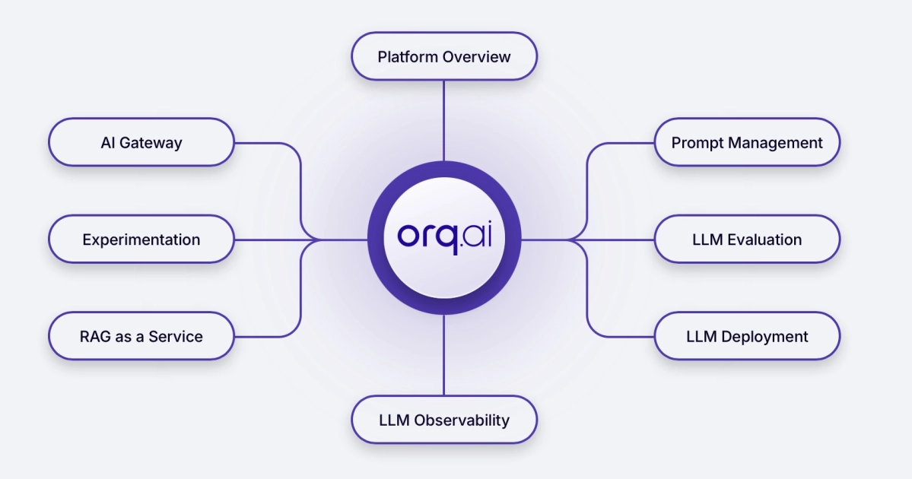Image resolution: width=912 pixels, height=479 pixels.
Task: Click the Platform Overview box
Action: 444,56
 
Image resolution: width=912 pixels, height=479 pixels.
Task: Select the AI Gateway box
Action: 141,142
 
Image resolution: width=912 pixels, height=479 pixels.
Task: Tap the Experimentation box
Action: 141,239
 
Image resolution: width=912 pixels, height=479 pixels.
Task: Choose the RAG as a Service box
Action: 141,336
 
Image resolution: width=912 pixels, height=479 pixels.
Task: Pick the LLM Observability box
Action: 444,420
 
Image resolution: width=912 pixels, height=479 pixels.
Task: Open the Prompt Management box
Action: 747,142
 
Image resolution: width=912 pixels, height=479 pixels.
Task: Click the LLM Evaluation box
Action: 747,239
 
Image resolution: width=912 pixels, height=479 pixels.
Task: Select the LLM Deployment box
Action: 747,336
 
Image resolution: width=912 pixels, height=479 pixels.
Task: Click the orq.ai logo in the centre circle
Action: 444,237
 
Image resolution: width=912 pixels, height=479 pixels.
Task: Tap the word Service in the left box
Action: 176,336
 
